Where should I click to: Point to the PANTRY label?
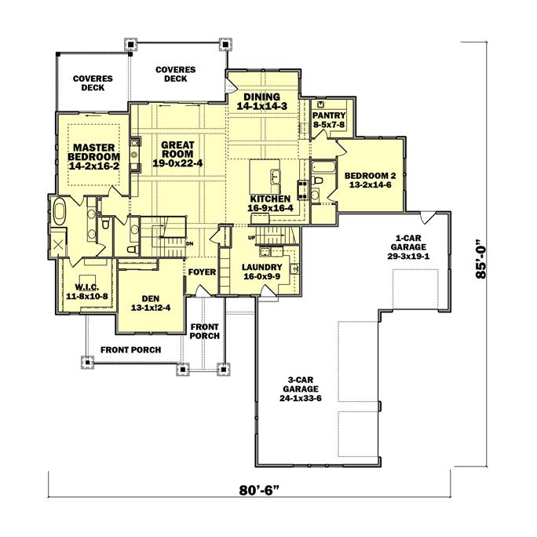(329, 119)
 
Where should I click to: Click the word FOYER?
(201, 272)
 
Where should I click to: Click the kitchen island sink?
(273, 173)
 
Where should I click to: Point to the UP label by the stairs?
(251, 237)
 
